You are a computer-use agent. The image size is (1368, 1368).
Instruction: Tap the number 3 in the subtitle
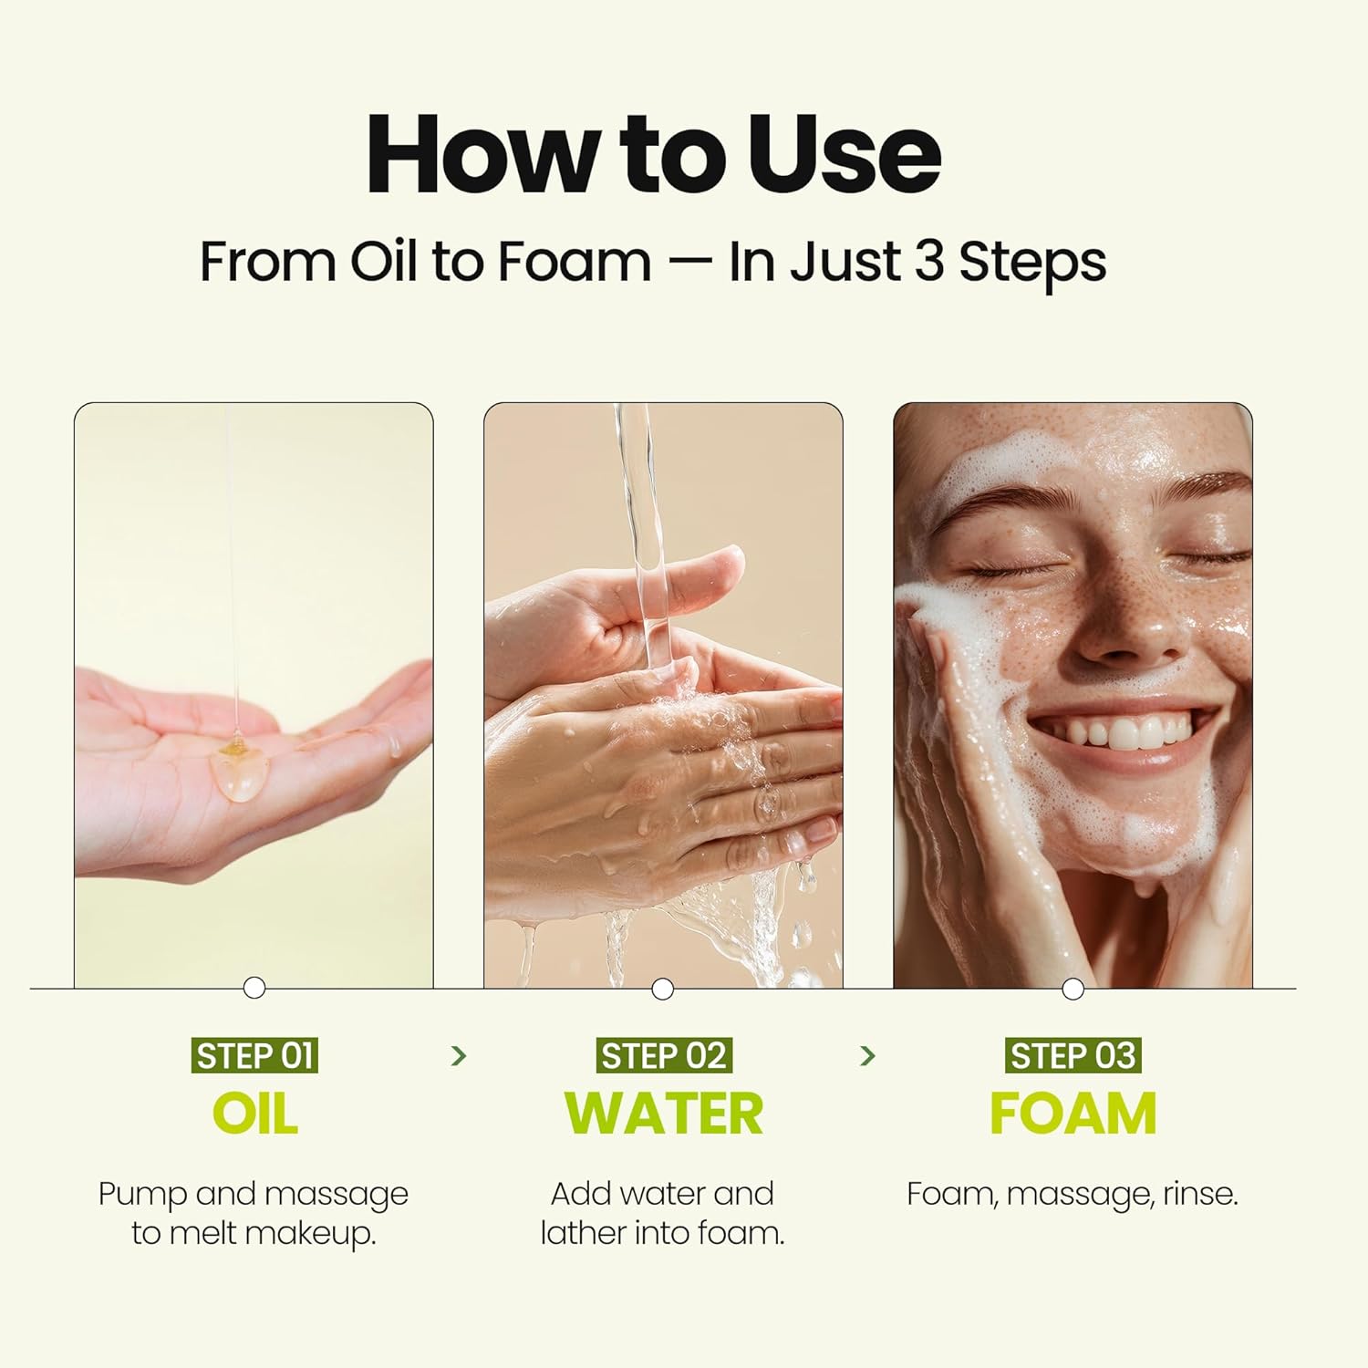pos(928,262)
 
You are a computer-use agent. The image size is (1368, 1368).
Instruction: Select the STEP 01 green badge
pos(254,1056)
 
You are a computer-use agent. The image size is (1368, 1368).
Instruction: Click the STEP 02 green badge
pos(663,1056)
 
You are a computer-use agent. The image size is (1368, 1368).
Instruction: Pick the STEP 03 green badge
pos(1073,1056)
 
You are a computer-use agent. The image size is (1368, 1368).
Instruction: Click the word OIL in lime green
pos(254,1114)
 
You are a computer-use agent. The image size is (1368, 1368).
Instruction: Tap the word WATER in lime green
pos(663,1114)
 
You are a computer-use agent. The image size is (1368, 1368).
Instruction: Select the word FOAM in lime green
pos(1073,1114)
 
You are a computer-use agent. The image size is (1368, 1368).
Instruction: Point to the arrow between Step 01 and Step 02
pos(459,1056)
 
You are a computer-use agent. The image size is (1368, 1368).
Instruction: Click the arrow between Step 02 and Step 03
pos(867,1056)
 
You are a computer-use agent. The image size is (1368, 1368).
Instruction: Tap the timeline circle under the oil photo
pos(254,988)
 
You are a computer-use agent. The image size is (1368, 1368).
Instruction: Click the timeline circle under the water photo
pos(663,989)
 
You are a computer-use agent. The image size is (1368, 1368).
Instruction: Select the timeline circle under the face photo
pos(1073,989)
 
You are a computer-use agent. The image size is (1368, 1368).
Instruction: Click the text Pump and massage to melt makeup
pos(254,1213)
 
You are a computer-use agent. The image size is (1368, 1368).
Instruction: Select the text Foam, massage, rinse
pos(1073,1194)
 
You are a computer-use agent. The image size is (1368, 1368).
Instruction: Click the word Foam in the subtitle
pos(575,262)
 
